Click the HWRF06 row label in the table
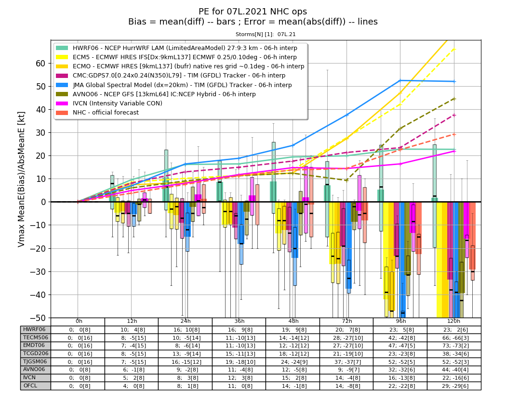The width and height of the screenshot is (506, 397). click(35, 330)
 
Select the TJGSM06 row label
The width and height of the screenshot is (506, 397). click(35, 361)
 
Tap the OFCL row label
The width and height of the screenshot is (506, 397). click(30, 386)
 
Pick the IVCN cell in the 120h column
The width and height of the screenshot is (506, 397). click(454, 378)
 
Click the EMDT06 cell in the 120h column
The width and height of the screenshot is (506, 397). click(454, 346)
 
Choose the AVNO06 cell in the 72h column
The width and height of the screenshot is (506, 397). click(346, 370)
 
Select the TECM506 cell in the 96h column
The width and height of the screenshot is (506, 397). click(400, 338)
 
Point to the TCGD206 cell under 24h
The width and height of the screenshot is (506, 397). click(185, 354)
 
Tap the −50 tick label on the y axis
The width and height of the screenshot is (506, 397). click(38, 318)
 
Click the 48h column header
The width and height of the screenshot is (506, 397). click(293, 321)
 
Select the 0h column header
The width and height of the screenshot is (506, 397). click(79, 321)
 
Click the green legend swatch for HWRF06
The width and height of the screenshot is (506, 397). click(62, 48)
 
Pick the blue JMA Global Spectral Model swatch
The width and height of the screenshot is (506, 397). click(62, 85)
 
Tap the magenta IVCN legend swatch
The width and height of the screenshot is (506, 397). click(62, 103)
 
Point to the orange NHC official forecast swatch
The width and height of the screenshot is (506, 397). click(62, 113)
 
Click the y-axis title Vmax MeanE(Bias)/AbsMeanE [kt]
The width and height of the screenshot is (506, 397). click(21, 179)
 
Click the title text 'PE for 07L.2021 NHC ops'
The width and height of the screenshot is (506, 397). click(253, 12)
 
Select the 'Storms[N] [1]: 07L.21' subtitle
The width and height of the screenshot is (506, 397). click(266, 34)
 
